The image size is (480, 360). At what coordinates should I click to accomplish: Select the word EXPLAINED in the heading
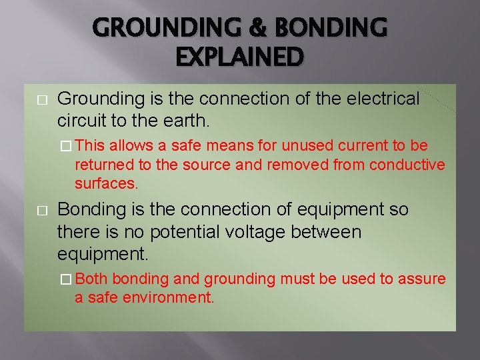(240, 57)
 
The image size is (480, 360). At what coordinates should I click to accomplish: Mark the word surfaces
(106, 183)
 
